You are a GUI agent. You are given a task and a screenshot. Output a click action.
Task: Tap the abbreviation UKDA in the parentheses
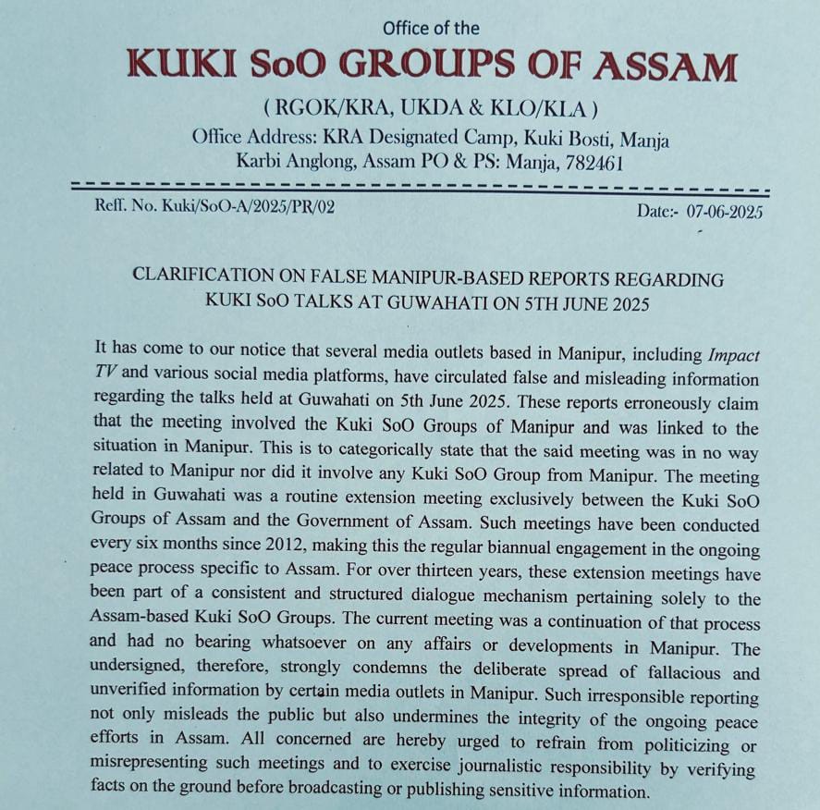pos(428,109)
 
